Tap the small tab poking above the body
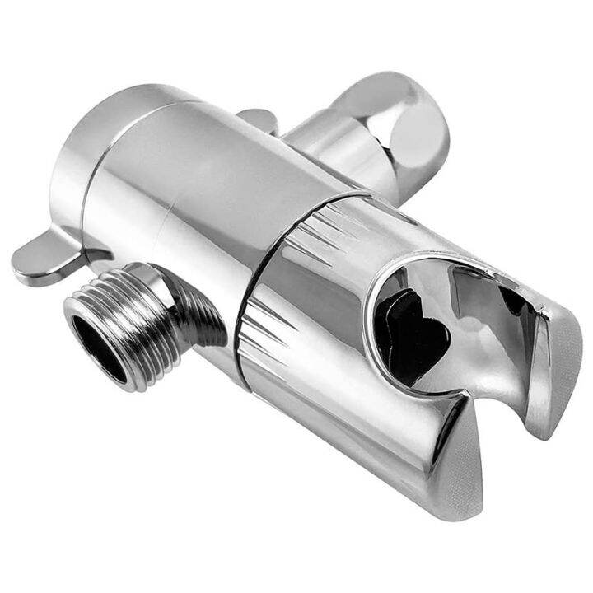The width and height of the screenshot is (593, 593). tap(259, 119)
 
